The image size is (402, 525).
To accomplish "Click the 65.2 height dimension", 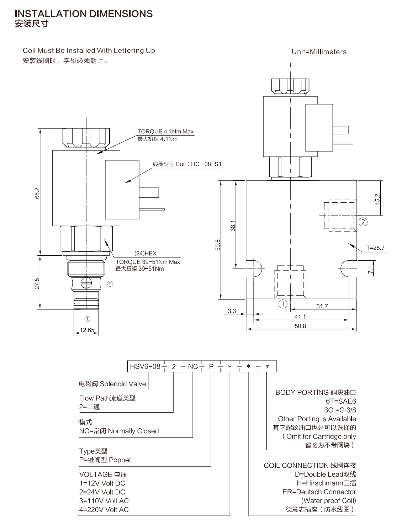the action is tap(37, 193).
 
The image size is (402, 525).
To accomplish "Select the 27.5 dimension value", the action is tap(37, 283).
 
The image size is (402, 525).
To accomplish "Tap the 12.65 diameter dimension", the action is tap(87, 330).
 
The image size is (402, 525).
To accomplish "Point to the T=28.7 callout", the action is tap(375, 248).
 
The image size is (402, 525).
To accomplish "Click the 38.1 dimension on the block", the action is tap(233, 226).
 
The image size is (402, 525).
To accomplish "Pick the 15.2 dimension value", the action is tap(377, 199).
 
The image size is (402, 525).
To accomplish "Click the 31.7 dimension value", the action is tap(322, 306).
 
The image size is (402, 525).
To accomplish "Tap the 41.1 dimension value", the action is tap(300, 317).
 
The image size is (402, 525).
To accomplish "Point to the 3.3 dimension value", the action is tap(232, 311).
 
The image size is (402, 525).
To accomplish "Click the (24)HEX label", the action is tap(146, 253).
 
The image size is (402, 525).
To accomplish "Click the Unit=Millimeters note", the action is tap(319, 52).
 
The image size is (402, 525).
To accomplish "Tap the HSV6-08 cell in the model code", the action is tap(145, 366).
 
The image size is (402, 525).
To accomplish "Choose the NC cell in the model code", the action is tap(193, 366).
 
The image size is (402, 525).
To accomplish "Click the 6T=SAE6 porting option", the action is tap(341, 401).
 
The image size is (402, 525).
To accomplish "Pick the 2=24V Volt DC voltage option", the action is tap(102, 492).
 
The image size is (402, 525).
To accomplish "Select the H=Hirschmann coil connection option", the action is tap(326, 483).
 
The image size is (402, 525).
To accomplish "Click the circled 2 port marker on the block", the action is tap(363, 222).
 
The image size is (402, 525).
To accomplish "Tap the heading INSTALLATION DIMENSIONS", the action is tap(84, 14).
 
